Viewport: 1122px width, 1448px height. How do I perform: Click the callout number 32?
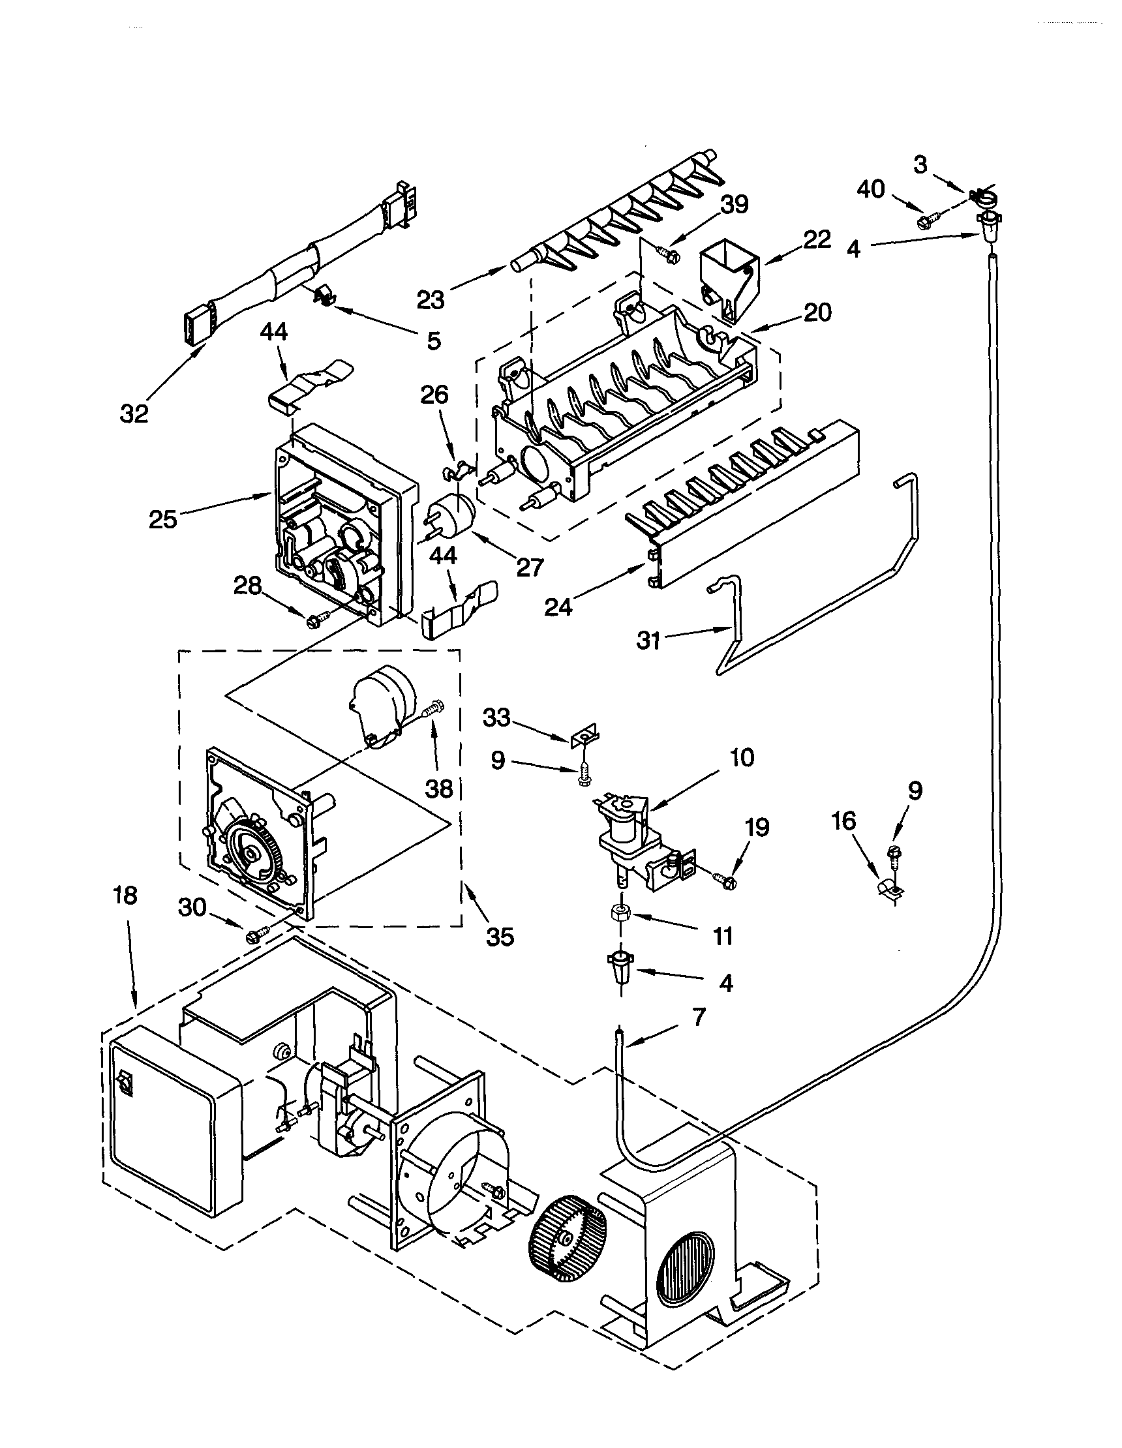coord(134,414)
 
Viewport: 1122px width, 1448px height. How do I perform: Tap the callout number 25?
coord(163,519)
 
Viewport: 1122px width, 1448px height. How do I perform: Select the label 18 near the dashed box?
coord(125,895)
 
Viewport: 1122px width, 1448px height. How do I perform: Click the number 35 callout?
coord(500,937)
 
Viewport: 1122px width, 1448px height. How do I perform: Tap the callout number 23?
coord(431,300)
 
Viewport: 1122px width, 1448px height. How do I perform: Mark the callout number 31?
coord(648,641)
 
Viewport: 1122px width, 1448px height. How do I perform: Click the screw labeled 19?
coord(727,880)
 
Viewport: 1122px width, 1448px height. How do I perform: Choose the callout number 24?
coord(558,607)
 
